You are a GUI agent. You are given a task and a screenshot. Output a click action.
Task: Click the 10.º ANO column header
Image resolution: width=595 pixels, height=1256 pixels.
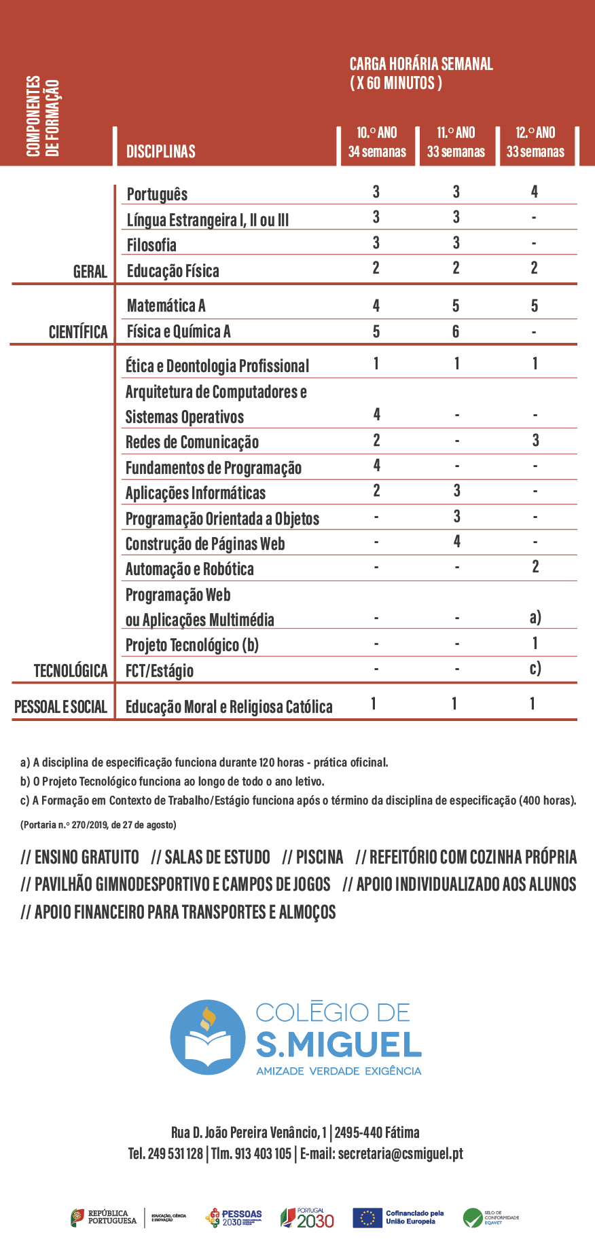[377, 142]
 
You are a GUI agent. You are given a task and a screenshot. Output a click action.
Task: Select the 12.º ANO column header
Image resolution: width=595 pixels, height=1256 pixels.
[535, 142]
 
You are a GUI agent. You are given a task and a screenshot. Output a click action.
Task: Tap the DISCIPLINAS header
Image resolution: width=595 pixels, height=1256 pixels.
[161, 151]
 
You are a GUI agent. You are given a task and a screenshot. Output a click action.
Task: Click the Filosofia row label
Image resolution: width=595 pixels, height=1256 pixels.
[151, 245]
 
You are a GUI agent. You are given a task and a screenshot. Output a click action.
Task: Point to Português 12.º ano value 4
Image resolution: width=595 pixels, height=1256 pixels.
[535, 192]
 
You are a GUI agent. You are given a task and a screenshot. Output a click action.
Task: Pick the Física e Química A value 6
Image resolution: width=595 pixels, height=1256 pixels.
[456, 331]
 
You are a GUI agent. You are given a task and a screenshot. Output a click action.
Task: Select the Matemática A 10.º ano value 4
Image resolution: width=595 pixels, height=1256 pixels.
[376, 306]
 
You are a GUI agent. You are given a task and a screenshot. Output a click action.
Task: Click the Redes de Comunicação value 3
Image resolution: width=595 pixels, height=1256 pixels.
[535, 441]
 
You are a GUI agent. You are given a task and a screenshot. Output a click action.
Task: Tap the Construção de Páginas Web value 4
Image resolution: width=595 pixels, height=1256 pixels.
[456, 542]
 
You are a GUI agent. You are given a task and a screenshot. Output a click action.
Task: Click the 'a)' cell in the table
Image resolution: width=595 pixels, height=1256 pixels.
[535, 617]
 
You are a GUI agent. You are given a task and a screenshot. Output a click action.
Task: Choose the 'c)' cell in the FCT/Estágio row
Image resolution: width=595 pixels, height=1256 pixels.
[535, 669]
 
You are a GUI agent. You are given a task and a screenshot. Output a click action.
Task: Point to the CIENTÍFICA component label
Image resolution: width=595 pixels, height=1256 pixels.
[78, 332]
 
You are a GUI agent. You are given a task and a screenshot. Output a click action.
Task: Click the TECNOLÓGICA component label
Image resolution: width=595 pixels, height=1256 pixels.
[71, 671]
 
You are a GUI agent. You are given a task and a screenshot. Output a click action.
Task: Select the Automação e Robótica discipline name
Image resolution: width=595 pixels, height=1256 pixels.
[190, 569]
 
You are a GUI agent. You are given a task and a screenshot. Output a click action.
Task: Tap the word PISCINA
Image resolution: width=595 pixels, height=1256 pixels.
[319, 857]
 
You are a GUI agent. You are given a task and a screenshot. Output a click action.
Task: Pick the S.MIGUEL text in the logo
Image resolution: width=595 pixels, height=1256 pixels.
[338, 1045]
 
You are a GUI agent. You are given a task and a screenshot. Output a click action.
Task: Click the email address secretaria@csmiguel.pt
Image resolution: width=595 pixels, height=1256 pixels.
[400, 1153]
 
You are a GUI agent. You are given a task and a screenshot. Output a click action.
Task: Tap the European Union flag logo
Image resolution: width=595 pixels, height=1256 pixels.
[367, 1218]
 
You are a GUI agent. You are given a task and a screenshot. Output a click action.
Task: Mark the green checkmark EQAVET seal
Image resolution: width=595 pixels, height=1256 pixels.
[473, 1218]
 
